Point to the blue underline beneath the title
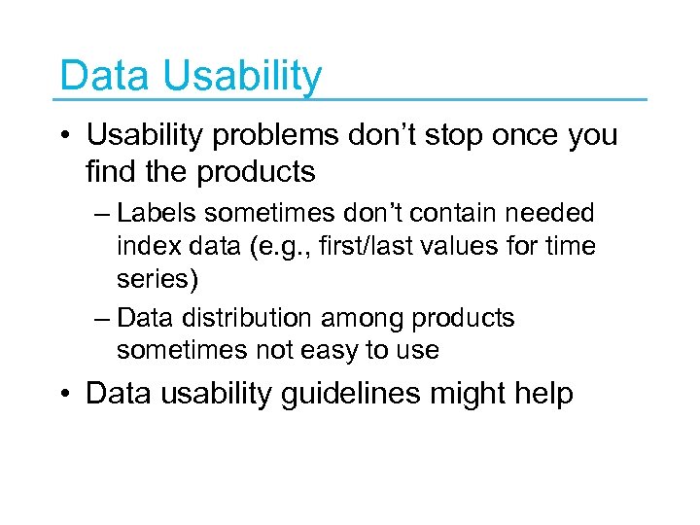pyautogui.click(x=350, y=99)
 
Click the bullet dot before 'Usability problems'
pyautogui.click(x=65, y=136)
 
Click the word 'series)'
pyautogui.click(x=157, y=279)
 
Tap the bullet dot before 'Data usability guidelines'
pyautogui.click(x=65, y=395)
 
